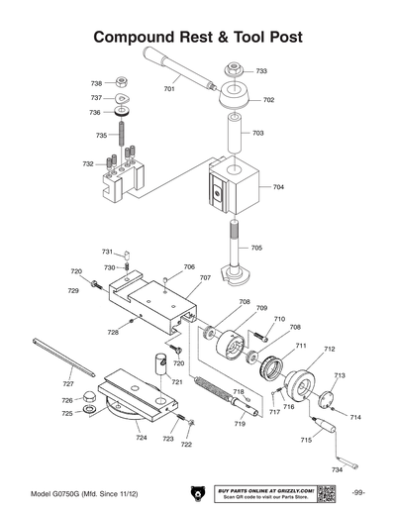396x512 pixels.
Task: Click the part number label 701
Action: tap(169, 89)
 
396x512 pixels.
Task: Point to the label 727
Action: tap(68, 383)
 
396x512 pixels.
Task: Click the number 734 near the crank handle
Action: tap(337, 468)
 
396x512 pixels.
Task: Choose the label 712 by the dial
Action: tap(329, 349)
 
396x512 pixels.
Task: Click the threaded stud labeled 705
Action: tap(233, 248)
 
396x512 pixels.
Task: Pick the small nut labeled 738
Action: tap(120, 81)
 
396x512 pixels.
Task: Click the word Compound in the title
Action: tap(137, 38)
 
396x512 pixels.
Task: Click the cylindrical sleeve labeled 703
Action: tap(234, 131)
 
